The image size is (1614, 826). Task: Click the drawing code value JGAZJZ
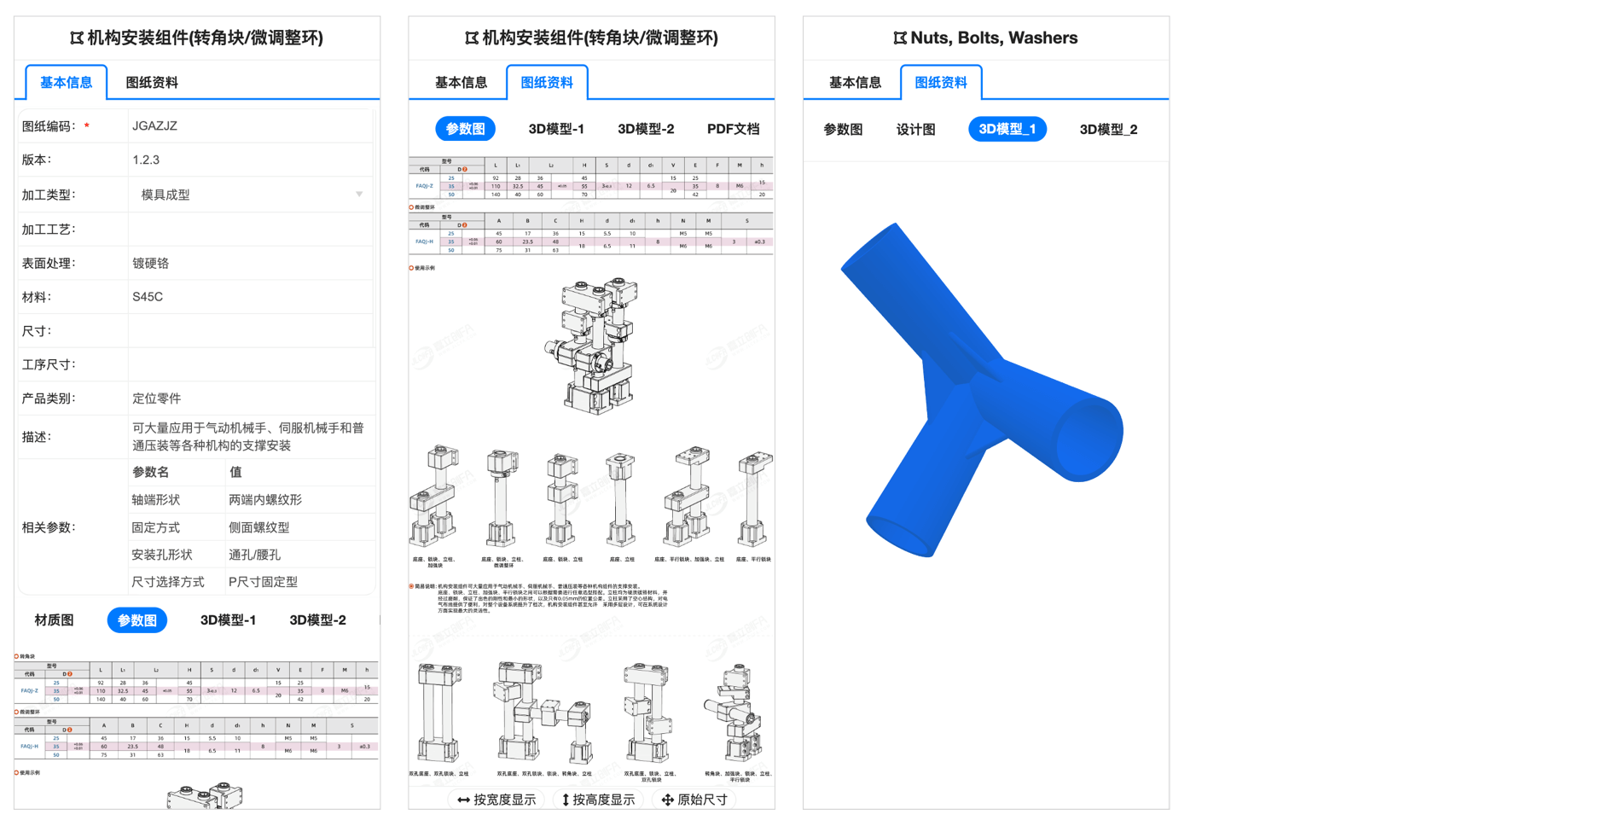[x=154, y=126]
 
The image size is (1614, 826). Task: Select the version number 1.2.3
[x=146, y=160]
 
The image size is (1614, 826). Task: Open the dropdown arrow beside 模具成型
[x=359, y=195]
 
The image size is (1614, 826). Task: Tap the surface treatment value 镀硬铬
[x=150, y=264]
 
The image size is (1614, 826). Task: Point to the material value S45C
[x=148, y=297]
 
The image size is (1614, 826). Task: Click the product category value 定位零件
[x=156, y=398]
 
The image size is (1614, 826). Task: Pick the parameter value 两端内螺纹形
[x=265, y=500]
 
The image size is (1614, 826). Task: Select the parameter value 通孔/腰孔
[x=254, y=555]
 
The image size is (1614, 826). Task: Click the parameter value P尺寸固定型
[x=263, y=582]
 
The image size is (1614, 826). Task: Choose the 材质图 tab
[x=54, y=620]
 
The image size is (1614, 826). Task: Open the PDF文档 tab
[x=733, y=129]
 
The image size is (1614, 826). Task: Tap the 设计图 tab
[x=915, y=130]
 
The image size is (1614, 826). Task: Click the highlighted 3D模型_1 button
[x=1007, y=130]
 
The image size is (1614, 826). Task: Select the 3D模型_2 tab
[x=1107, y=130]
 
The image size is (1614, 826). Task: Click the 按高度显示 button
[x=597, y=800]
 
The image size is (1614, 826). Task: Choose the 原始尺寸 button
[x=694, y=800]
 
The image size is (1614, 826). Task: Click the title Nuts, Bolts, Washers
[x=993, y=38]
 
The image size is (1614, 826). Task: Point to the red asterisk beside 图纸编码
[x=87, y=126]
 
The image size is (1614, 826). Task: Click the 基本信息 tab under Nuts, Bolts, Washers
[x=855, y=83]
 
